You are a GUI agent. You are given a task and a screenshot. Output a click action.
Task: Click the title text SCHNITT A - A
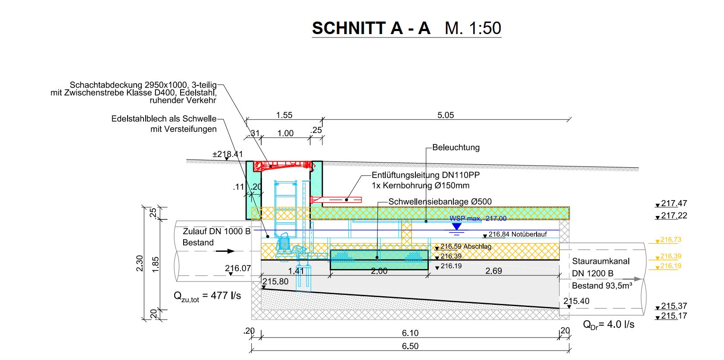pyautogui.click(x=371, y=28)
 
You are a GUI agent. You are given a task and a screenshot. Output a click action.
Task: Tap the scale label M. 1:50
pyautogui.click(x=473, y=28)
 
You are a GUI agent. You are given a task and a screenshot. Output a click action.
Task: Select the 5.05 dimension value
pyautogui.click(x=446, y=115)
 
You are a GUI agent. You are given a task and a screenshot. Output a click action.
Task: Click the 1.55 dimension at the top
pyautogui.click(x=284, y=115)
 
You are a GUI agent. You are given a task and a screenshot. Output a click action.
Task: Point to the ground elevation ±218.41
pyautogui.click(x=228, y=154)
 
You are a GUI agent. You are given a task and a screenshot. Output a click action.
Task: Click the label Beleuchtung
pyautogui.click(x=456, y=147)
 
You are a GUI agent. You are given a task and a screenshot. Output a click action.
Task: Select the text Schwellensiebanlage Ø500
pyautogui.click(x=440, y=202)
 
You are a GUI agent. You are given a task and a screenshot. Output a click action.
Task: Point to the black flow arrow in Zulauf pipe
pyautogui.click(x=225, y=251)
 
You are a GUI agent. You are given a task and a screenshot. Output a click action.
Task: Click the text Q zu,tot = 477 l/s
pyautogui.click(x=207, y=296)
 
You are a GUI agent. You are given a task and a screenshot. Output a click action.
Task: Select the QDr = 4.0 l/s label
pyautogui.click(x=609, y=324)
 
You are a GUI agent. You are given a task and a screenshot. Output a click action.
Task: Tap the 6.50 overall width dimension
pyautogui.click(x=410, y=346)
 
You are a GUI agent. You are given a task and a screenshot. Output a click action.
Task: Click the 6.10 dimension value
pyautogui.click(x=410, y=333)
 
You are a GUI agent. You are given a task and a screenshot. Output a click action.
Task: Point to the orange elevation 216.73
pyautogui.click(x=670, y=240)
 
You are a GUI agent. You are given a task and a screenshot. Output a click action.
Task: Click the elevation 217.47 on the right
pyautogui.click(x=674, y=203)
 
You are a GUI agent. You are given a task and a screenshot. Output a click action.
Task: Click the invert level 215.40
pyautogui.click(x=576, y=301)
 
